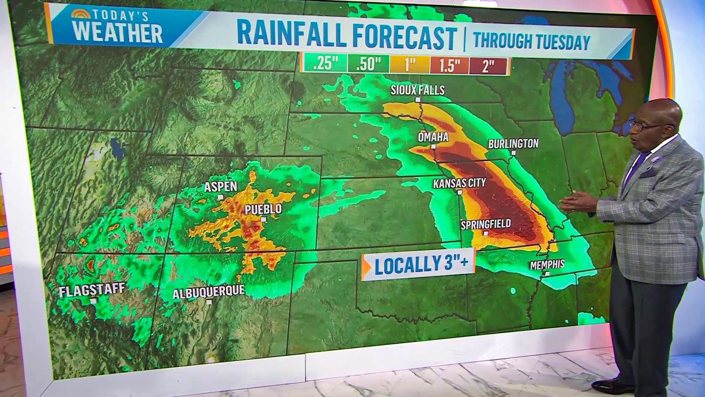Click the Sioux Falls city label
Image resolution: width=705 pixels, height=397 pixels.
[417, 90]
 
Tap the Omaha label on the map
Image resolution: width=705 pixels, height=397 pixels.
[433, 137]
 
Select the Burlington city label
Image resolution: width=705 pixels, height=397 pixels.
[513, 143]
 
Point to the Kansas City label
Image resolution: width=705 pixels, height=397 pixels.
[459, 183]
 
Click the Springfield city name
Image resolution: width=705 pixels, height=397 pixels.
[485, 224]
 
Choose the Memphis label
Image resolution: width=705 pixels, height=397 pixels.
[547, 264]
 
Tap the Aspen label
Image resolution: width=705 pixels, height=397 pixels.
[221, 187]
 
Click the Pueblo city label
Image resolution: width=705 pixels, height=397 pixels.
[263, 209]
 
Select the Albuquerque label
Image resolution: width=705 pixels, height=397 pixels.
[209, 293]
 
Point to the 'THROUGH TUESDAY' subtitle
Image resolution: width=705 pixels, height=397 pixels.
[532, 41]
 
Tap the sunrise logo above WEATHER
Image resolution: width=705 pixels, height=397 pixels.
[81, 14]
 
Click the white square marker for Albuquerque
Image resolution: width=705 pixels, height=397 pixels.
[209, 302]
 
